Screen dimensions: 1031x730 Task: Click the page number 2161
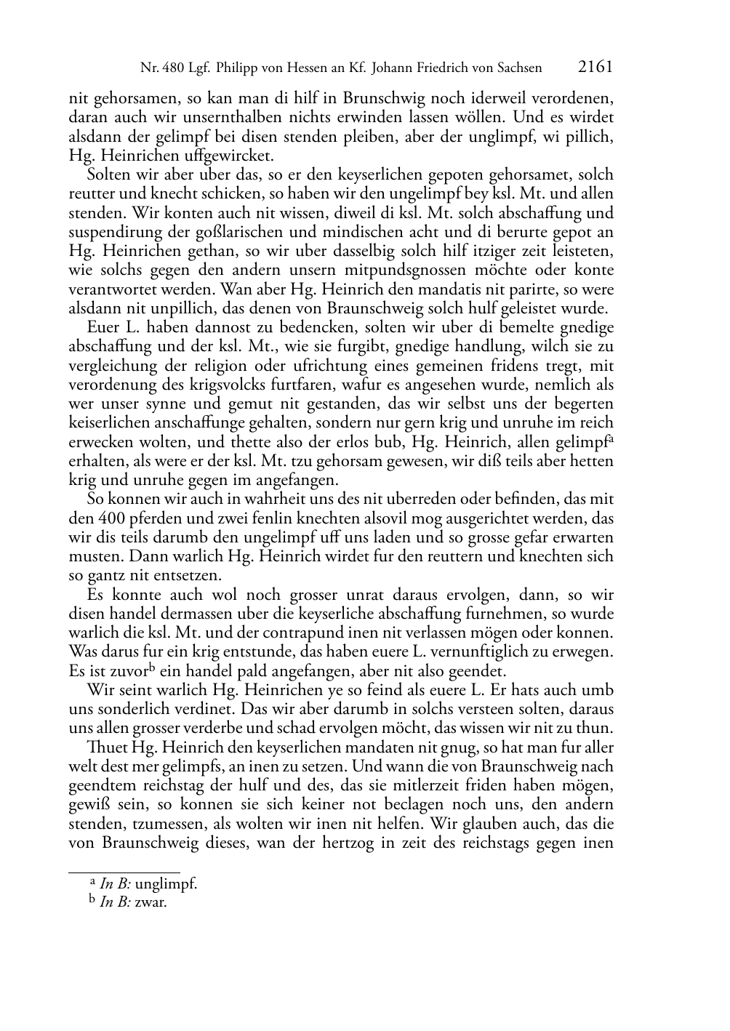(x=595, y=67)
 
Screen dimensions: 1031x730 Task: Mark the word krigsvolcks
(x=247, y=385)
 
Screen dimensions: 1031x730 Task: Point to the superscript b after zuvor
(x=153, y=667)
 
